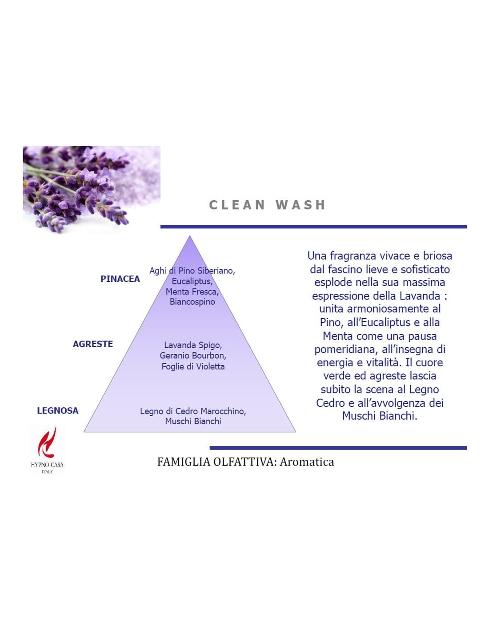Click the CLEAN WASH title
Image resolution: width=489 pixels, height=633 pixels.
click(267, 205)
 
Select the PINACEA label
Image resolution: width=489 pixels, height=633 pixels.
click(120, 279)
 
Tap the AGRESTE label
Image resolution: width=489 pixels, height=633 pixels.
click(93, 344)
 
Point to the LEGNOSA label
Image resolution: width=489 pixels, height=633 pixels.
click(58, 411)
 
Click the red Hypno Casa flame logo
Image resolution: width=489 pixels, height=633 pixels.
click(47, 443)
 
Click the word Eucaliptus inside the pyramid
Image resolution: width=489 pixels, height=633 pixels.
click(192, 281)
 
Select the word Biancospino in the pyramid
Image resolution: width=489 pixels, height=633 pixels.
click(192, 302)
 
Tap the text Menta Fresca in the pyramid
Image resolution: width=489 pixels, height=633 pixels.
click(192, 292)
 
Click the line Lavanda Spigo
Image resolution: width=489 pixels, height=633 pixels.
click(193, 345)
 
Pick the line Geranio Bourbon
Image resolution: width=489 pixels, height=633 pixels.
click(193, 356)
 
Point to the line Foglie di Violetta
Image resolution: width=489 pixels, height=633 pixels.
click(193, 366)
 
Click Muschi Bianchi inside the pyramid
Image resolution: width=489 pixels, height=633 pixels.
click(193, 421)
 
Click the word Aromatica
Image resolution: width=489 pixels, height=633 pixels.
click(307, 462)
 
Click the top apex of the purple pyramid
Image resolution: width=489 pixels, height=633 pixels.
click(190, 235)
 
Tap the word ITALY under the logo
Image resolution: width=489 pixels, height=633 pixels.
click(47, 471)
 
